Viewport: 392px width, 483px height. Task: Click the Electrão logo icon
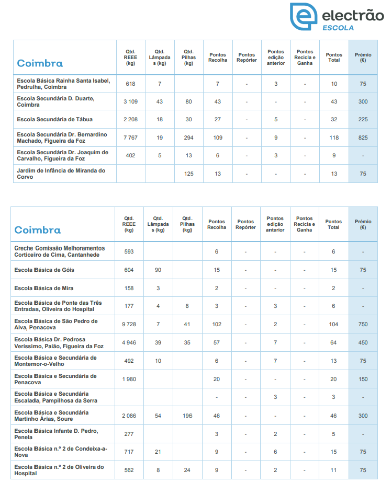click(303, 17)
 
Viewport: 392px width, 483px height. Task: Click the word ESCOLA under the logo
click(338, 28)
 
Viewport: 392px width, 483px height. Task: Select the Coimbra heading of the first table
click(40, 63)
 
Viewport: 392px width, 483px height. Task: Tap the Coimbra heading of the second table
click(37, 230)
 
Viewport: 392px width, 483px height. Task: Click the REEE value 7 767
click(130, 137)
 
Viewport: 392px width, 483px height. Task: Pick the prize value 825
click(363, 137)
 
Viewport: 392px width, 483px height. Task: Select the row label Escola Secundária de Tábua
click(54, 120)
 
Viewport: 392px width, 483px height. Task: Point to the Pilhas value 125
click(189, 174)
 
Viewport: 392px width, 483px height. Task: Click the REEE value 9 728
click(129, 325)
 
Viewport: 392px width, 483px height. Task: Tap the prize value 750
click(363, 325)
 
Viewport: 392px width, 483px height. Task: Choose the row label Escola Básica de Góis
click(44, 270)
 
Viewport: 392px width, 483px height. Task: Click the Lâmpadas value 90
click(158, 270)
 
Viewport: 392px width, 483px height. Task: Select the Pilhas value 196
click(187, 416)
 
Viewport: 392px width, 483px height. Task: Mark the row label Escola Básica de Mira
click(44, 289)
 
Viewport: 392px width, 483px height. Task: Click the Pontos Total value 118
click(334, 137)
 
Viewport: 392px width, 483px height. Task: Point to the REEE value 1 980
click(129, 379)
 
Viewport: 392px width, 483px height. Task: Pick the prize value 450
click(363, 342)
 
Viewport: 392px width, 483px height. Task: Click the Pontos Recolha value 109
click(218, 137)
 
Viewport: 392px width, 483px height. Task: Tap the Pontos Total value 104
click(333, 325)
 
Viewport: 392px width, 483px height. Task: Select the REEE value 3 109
click(130, 101)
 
